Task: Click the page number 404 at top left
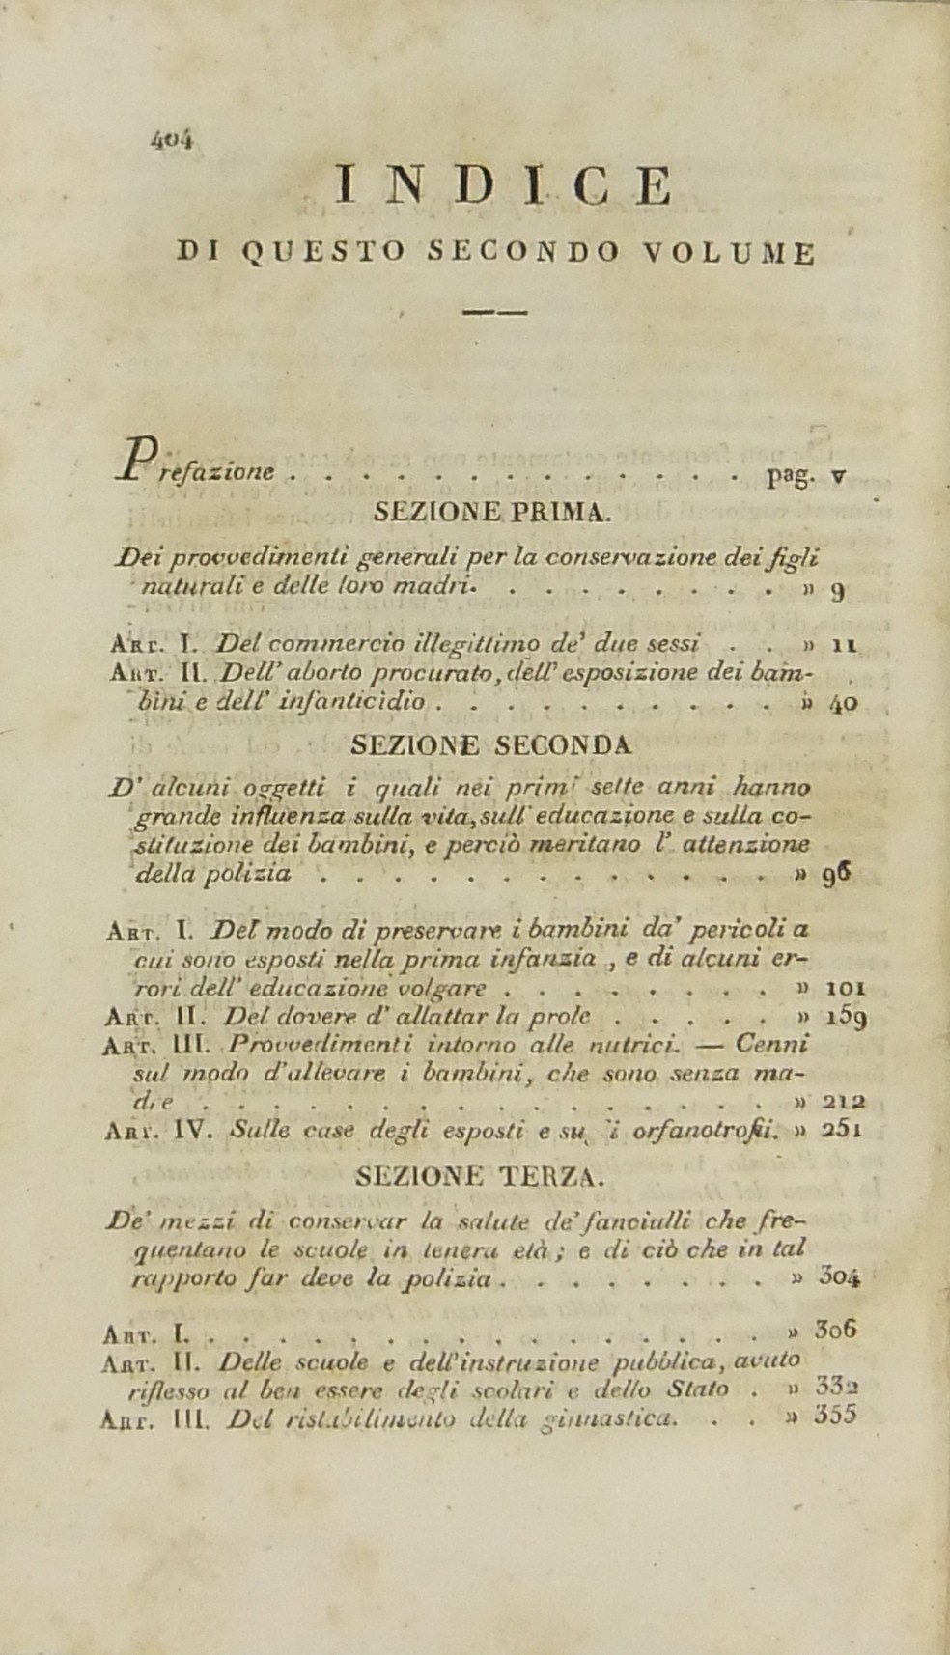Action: [x=173, y=139]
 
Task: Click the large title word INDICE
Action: [x=502, y=186]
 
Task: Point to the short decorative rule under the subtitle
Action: [x=494, y=312]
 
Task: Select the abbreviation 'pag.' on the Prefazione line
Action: [x=790, y=476]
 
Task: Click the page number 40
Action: [x=843, y=703]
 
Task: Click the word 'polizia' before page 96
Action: [x=256, y=874]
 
